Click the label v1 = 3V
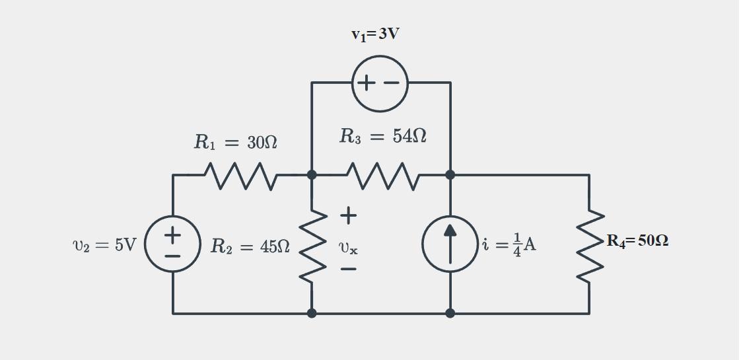click(x=374, y=34)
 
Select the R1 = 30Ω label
click(x=235, y=142)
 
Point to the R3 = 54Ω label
click(x=382, y=136)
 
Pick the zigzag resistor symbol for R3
click(x=381, y=176)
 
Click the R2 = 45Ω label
click(x=250, y=247)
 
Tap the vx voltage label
click(x=348, y=248)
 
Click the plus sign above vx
click(x=349, y=215)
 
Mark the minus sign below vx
click(x=349, y=269)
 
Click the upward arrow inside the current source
click(x=450, y=243)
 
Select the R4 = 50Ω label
click(x=637, y=241)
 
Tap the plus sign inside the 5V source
click(x=173, y=234)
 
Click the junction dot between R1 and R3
click(x=312, y=175)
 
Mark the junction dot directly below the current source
click(x=450, y=313)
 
